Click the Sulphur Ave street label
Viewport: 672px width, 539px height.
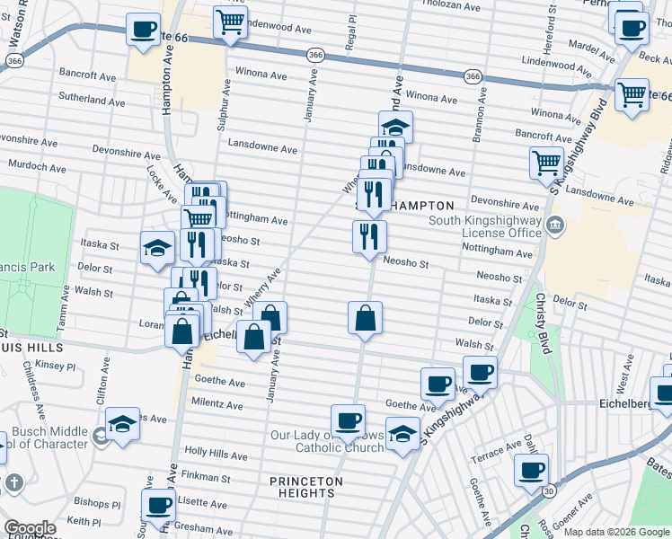pyautogui.click(x=225, y=104)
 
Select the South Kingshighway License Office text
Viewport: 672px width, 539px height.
pyautogui.click(x=485, y=226)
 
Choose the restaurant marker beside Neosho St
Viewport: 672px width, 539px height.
pyautogui.click(x=369, y=237)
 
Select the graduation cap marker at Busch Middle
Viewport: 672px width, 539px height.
pyautogui.click(x=123, y=424)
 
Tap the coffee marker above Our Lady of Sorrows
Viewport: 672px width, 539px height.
pyautogui.click(x=348, y=420)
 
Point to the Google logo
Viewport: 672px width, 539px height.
pyautogui.click(x=30, y=528)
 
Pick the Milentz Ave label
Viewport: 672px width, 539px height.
pyautogui.click(x=217, y=405)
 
